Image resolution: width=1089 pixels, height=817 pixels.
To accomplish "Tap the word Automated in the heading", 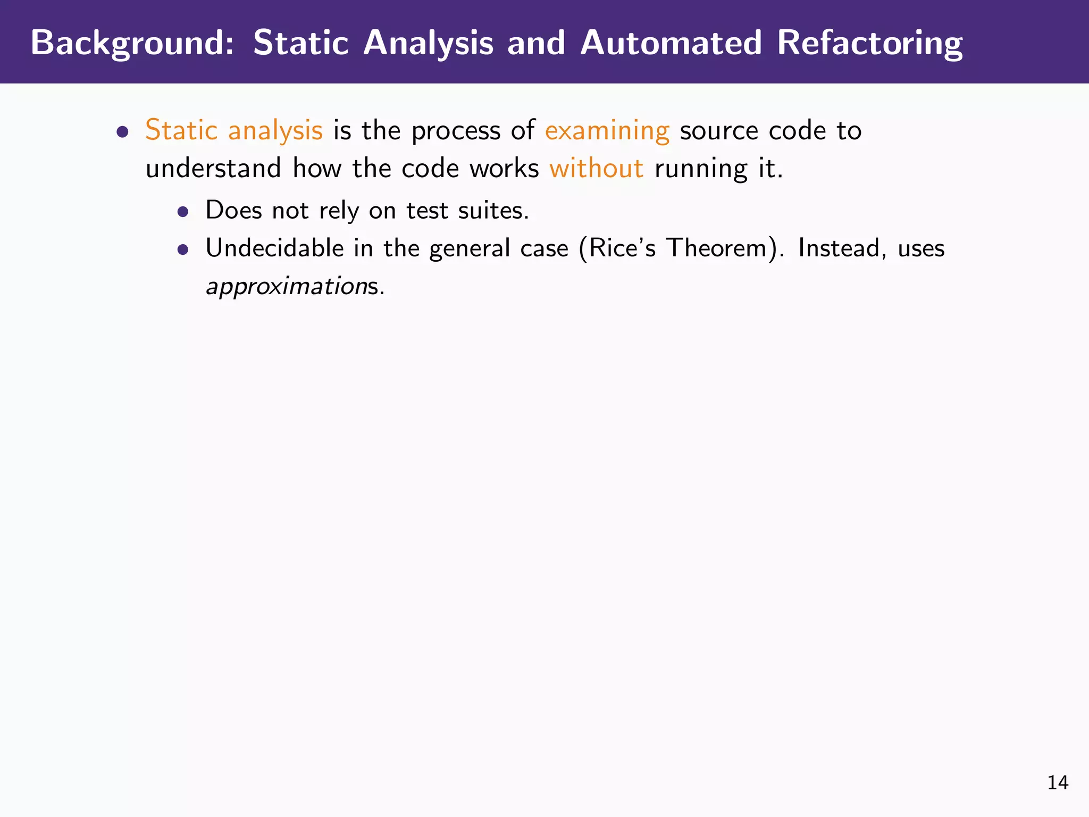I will pyautogui.click(x=671, y=43).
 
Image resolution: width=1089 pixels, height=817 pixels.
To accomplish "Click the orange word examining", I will pyautogui.click(x=607, y=131).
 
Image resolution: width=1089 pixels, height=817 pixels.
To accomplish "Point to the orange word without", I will pyautogui.click(x=596, y=169).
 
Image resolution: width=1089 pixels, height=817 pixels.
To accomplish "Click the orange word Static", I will pyautogui.click(x=181, y=130).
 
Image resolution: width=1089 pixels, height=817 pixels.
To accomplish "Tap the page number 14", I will pyautogui.click(x=1057, y=782).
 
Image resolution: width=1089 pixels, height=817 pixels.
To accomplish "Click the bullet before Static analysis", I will pyautogui.click(x=123, y=131).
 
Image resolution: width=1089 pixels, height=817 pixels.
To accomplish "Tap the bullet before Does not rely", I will pyautogui.click(x=183, y=212).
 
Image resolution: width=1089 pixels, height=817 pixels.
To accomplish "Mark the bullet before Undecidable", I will pyautogui.click(x=183, y=249).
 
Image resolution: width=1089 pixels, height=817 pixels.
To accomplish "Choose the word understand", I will pyautogui.click(x=213, y=169).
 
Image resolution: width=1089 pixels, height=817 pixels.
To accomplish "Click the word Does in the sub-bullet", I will pyautogui.click(x=233, y=210).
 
